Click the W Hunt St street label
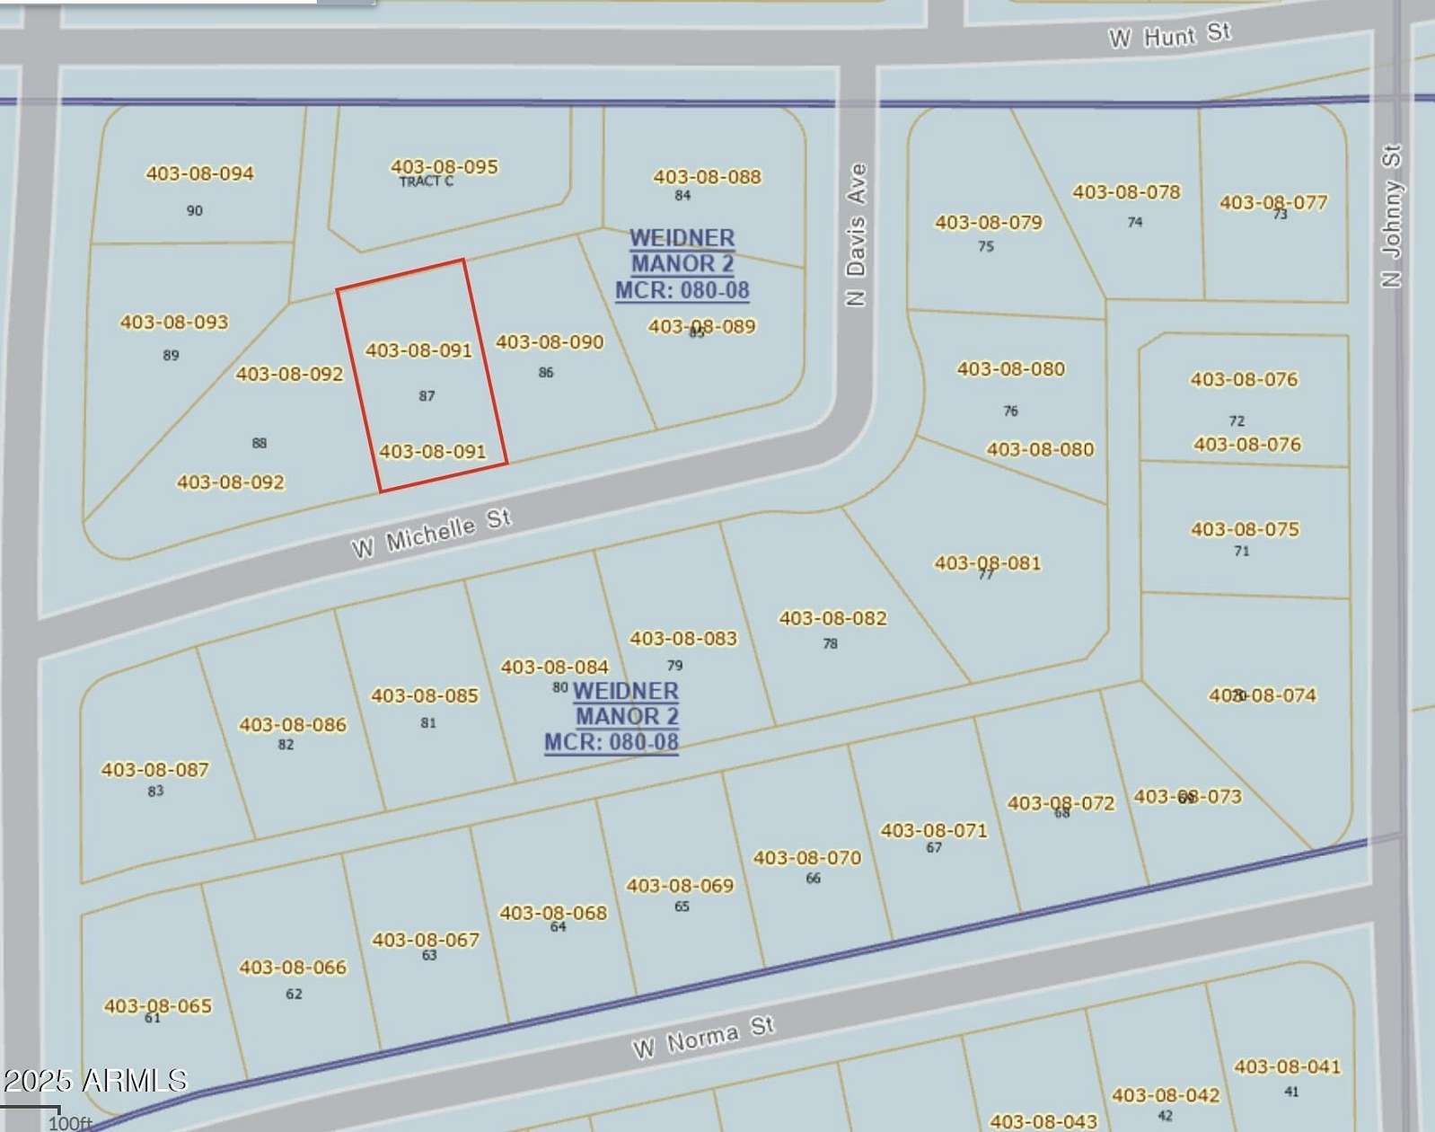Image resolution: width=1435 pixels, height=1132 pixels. click(x=1169, y=36)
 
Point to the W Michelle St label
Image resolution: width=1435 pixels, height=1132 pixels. click(x=432, y=534)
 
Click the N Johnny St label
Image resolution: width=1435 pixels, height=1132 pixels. click(x=1391, y=216)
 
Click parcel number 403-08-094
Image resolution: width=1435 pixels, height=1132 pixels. click(x=199, y=173)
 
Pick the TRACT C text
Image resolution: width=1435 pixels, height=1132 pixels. click(x=426, y=181)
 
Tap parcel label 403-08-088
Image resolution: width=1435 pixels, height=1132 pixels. click(x=707, y=177)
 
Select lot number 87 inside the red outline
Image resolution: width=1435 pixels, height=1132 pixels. click(x=427, y=395)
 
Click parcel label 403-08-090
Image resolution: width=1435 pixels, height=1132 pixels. click(x=550, y=342)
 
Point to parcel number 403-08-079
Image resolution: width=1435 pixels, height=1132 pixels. click(x=988, y=222)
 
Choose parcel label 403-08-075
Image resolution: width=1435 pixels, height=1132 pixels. click(x=1245, y=529)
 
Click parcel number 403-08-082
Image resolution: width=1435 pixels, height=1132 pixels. click(x=832, y=618)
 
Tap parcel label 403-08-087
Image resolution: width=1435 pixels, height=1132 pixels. click(x=154, y=770)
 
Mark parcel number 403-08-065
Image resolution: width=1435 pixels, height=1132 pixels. click(x=157, y=1005)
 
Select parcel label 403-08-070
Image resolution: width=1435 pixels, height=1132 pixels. click(x=806, y=858)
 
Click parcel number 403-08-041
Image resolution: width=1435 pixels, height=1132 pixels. click(x=1287, y=1066)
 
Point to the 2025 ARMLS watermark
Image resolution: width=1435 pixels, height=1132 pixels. click(x=94, y=1080)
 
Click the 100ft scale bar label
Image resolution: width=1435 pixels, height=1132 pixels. click(x=69, y=1123)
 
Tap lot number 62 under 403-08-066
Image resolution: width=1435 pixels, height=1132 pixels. click(x=294, y=994)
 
